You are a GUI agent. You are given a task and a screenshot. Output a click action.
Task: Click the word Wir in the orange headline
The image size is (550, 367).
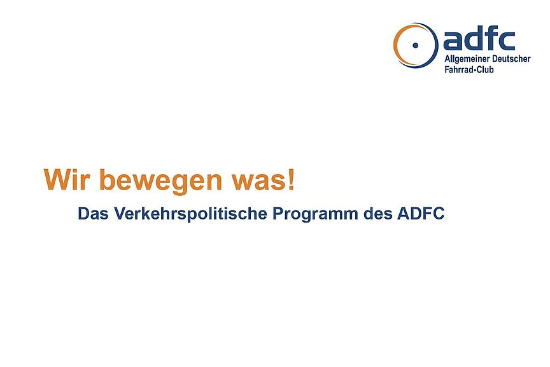tap(67, 180)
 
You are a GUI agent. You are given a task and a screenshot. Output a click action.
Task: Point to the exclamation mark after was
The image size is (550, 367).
tap(291, 180)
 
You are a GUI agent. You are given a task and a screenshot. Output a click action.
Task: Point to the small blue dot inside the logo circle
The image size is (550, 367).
tap(416, 45)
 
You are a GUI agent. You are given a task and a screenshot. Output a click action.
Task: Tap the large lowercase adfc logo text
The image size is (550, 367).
tap(479, 39)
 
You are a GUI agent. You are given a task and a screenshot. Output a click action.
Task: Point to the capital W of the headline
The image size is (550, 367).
tap(55, 180)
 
